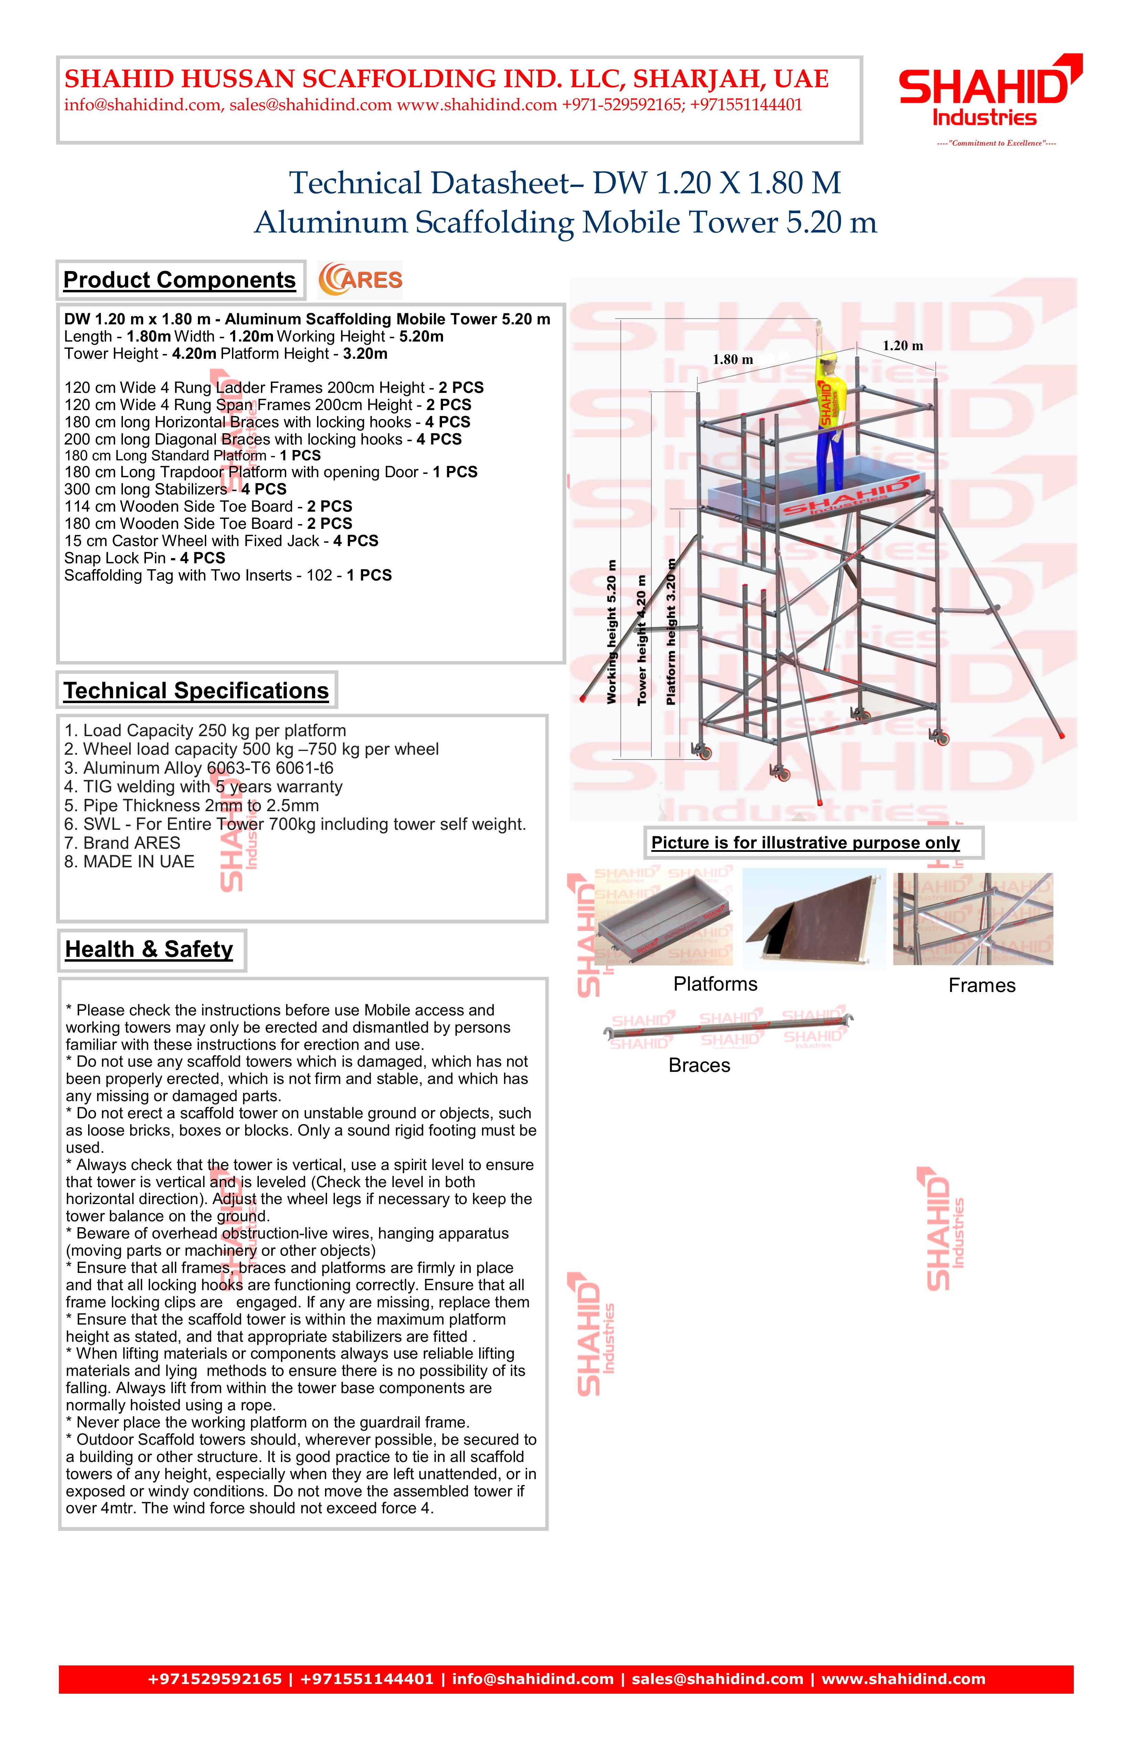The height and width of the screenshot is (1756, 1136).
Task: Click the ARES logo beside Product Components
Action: [360, 280]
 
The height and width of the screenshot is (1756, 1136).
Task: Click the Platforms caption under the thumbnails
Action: [715, 984]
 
